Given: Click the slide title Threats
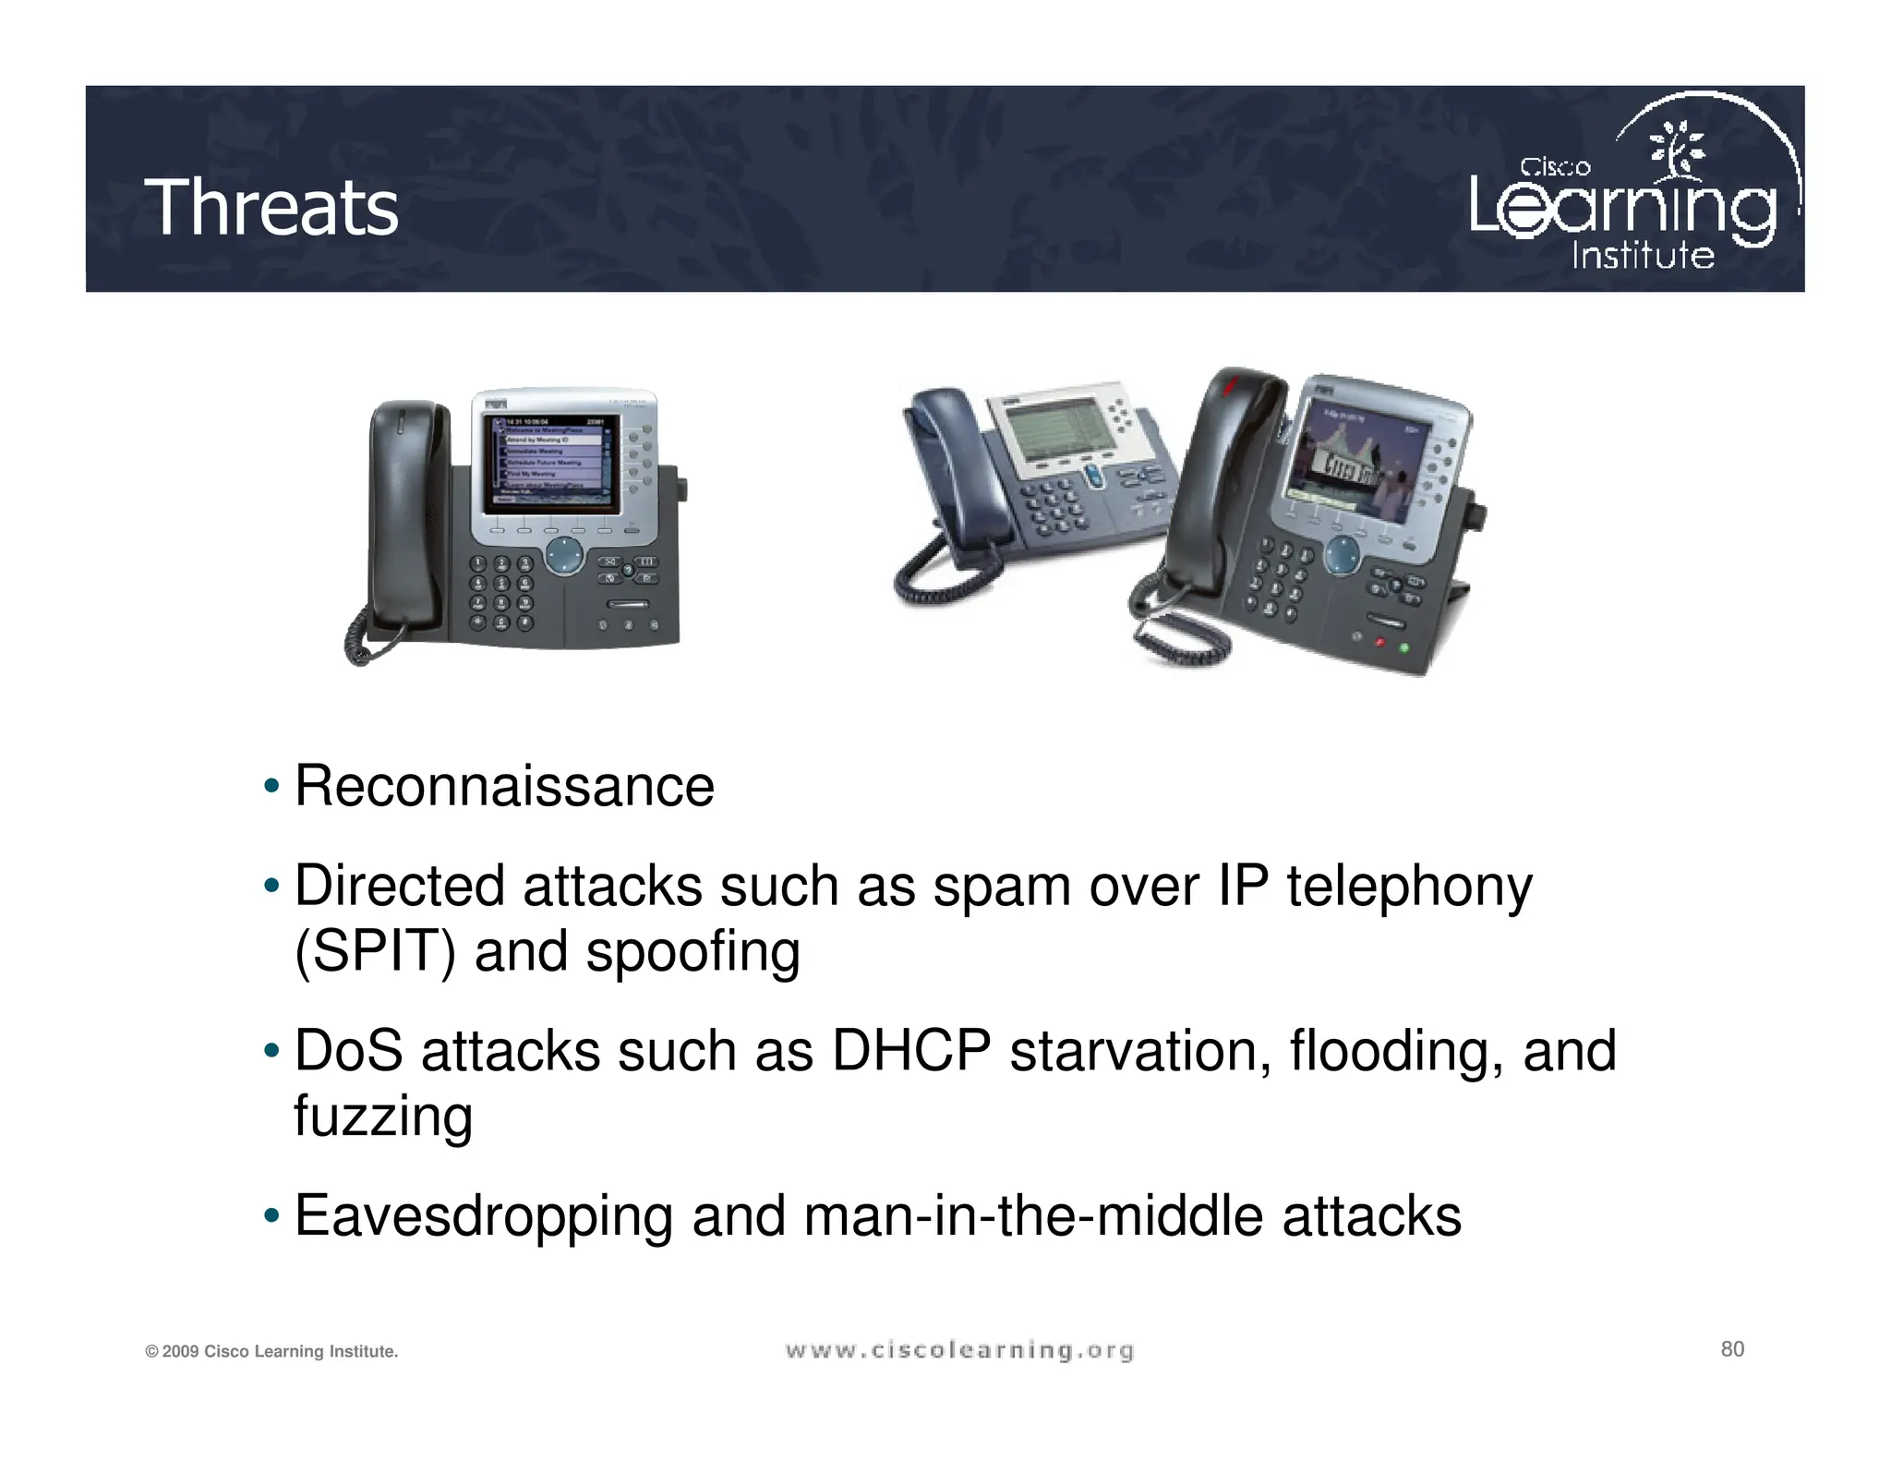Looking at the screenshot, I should tap(271, 208).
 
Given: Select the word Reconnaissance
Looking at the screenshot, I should tap(504, 787).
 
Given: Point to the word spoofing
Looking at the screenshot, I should tap(693, 953).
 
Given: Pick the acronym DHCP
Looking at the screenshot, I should tap(911, 1051).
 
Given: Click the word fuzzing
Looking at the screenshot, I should tap(383, 1117).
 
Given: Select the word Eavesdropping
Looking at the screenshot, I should tap(484, 1216).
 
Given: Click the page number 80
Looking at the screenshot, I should tap(1732, 1349).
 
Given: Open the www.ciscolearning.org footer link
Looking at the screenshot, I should tap(959, 1351).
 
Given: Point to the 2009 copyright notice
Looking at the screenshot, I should tap(271, 1352).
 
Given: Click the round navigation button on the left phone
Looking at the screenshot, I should tap(564, 557).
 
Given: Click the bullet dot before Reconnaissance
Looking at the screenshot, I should tap(271, 788).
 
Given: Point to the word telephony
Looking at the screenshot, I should tap(1409, 887).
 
